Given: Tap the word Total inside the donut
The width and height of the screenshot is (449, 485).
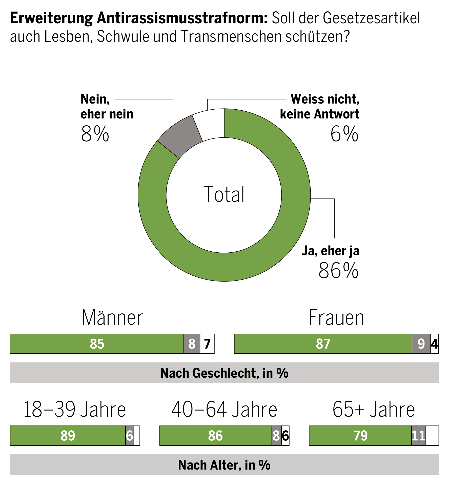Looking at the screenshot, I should tap(224, 194).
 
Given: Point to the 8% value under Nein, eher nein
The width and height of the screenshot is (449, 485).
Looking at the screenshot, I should tap(95, 134).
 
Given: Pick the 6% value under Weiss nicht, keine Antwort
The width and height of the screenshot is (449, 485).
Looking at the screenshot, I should tap(344, 134).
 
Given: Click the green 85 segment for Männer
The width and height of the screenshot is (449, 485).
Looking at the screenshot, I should tap(97, 344).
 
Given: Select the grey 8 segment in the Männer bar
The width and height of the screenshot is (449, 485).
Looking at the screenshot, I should tap(192, 344).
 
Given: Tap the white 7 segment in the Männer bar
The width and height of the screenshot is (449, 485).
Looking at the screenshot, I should tap(207, 344).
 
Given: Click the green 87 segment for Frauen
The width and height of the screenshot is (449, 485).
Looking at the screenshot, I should tap(323, 344).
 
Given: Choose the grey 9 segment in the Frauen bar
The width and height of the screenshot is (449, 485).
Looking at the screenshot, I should tap(421, 344).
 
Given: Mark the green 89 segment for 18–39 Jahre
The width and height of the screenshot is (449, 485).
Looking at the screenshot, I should tap(68, 436).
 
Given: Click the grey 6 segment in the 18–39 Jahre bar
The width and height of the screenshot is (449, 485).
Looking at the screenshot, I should tap(129, 436).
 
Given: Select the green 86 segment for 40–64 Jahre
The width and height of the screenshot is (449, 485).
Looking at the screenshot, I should tap(215, 436).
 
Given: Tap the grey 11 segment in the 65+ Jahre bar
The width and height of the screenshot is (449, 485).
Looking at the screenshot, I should tap(419, 436).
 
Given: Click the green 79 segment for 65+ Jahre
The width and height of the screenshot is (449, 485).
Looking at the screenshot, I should tap(360, 436).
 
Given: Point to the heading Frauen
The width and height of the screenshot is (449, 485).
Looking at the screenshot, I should tap(336, 318).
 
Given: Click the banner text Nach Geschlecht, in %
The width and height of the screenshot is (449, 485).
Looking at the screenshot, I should tap(224, 373).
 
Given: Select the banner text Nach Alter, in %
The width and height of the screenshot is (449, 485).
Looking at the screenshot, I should tap(224, 465).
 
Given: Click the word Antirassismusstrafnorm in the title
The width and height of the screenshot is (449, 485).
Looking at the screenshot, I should tap(182, 18).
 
